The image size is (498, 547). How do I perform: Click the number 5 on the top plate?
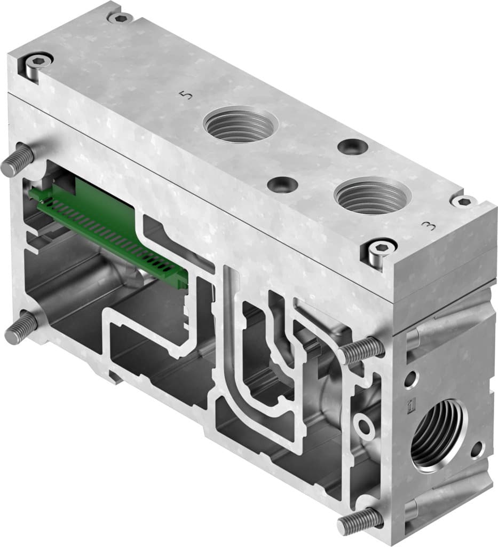pyautogui.click(x=185, y=96)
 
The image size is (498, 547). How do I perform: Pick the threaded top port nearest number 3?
pyautogui.click(x=373, y=195)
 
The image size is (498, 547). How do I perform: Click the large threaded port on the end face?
pyautogui.click(x=437, y=433)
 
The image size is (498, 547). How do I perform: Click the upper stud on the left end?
pyautogui.click(x=16, y=162)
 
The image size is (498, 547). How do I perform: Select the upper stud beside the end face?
pyautogui.click(x=361, y=350)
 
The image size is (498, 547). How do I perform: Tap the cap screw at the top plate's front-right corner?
pyautogui.click(x=380, y=252)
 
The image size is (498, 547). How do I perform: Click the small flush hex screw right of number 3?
pyautogui.click(x=463, y=201)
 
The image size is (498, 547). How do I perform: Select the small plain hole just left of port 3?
pyautogui.click(x=283, y=185)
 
